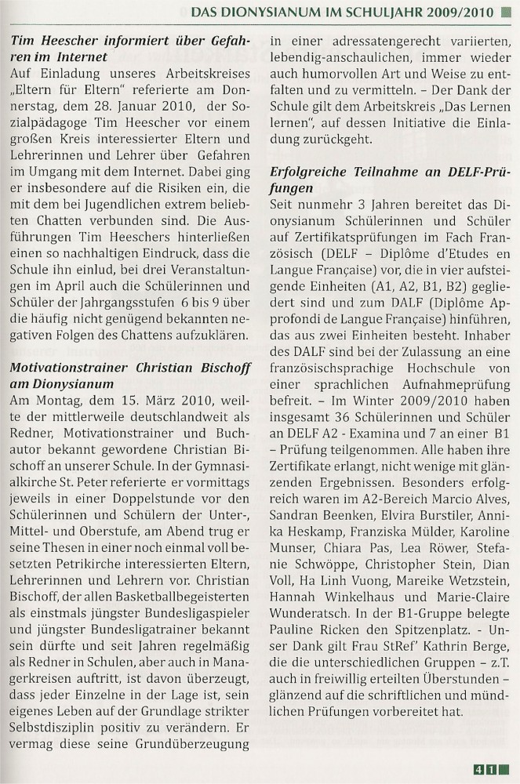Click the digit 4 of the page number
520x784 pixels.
tap(478, 769)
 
